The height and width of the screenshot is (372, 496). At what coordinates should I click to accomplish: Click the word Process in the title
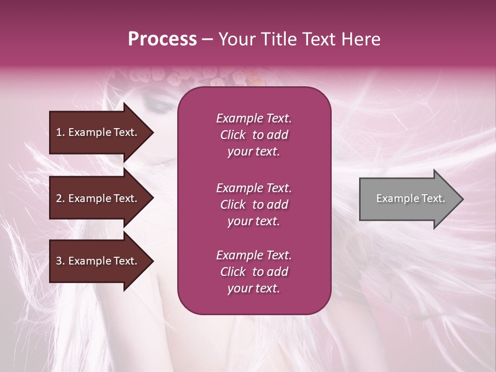(162, 39)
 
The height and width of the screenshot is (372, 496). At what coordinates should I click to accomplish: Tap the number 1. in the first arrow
(60, 132)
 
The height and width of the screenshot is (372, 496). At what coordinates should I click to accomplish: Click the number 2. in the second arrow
(60, 198)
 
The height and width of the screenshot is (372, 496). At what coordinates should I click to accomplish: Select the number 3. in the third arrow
(60, 261)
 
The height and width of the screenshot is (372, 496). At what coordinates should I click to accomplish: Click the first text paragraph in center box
(254, 135)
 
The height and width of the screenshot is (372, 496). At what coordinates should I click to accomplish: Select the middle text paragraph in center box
(254, 205)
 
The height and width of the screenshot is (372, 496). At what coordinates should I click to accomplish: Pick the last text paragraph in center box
(254, 272)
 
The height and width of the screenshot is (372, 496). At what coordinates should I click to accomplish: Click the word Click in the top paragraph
(233, 135)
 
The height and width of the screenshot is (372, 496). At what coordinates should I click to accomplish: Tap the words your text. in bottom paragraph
(254, 288)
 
